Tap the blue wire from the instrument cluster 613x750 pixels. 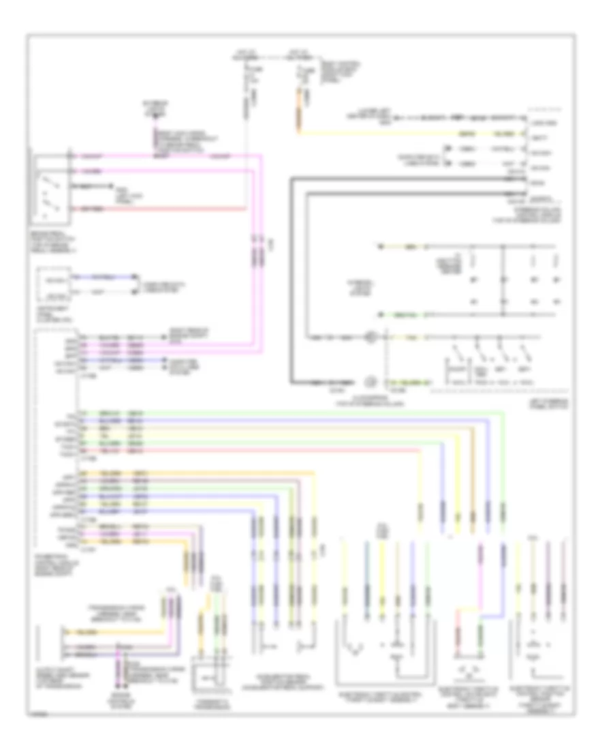click(x=102, y=277)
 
